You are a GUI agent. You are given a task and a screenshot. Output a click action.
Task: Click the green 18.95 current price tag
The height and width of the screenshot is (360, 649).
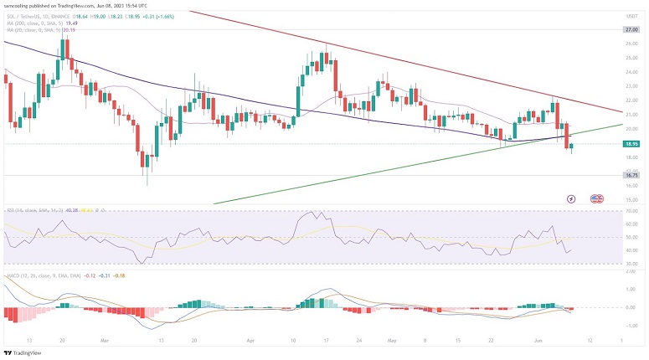click(x=632, y=144)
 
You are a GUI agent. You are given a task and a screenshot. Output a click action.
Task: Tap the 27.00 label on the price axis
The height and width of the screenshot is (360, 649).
click(x=632, y=29)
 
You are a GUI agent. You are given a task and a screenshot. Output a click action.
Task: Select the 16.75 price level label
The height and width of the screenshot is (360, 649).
click(x=632, y=175)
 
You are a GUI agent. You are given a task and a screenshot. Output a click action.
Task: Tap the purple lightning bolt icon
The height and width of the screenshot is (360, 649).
click(x=571, y=199)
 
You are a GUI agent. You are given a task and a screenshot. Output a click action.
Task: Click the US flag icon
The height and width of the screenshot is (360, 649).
click(x=597, y=199)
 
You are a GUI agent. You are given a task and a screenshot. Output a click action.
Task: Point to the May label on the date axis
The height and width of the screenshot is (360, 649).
click(x=390, y=342)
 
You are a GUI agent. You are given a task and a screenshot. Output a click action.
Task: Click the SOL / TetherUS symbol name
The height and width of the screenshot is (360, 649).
click(x=25, y=15)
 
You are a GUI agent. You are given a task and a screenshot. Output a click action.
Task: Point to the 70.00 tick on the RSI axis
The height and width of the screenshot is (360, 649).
click(x=631, y=211)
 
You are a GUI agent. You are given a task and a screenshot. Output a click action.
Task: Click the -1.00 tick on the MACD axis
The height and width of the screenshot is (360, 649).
click(x=631, y=326)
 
